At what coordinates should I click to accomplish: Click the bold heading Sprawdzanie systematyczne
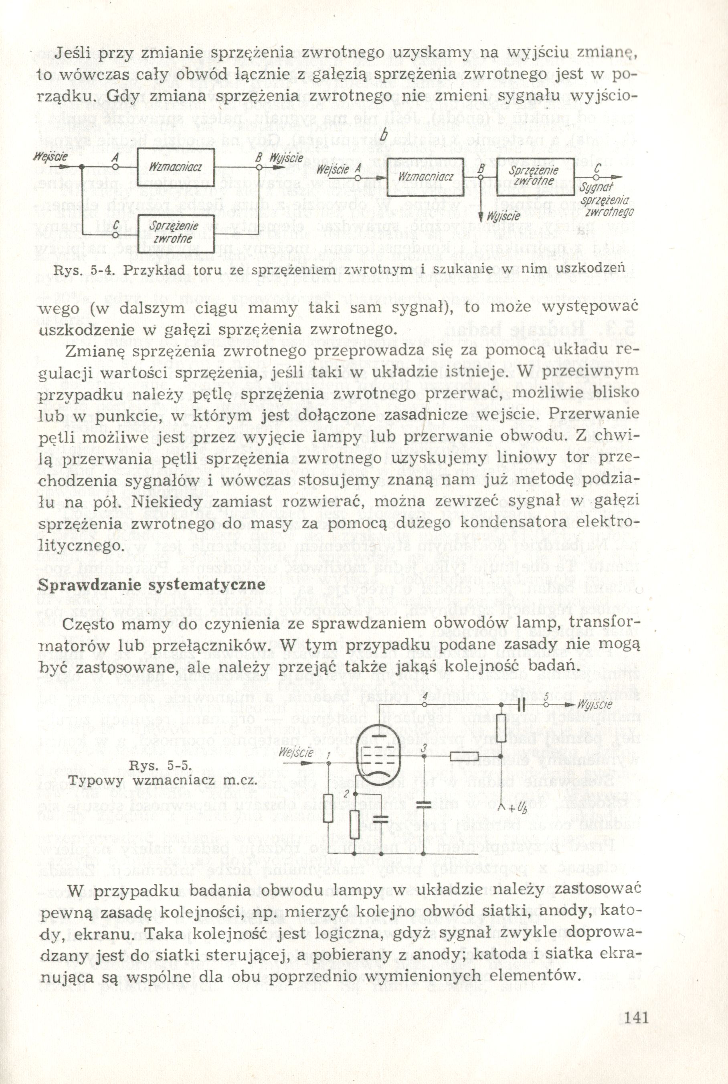(152, 584)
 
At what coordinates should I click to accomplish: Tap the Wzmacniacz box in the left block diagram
(176, 167)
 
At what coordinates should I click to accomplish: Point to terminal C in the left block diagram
(113, 235)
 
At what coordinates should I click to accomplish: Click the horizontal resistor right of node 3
(464, 756)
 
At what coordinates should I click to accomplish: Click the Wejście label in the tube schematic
(296, 752)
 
